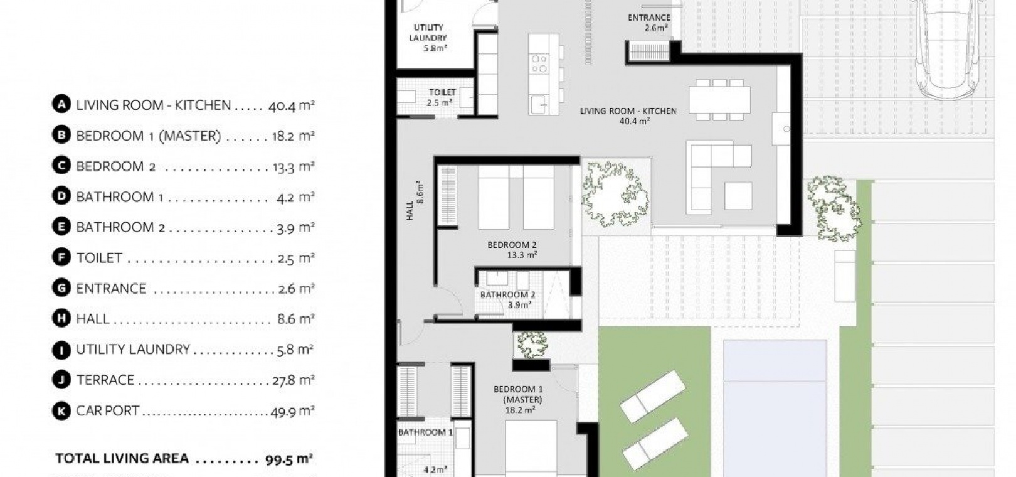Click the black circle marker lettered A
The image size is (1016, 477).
click(61, 104)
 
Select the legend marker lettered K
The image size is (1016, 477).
click(61, 411)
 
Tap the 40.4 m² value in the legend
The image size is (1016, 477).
click(291, 105)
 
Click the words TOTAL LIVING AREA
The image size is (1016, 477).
click(122, 458)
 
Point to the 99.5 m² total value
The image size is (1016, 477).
click(289, 459)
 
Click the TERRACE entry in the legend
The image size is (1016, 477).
click(105, 380)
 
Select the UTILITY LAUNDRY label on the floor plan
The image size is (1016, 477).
click(428, 33)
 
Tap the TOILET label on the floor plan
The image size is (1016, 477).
click(442, 93)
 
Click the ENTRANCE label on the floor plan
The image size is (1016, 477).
click(648, 18)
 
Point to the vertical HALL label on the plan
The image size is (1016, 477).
click(410, 211)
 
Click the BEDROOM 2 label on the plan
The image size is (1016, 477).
click(512, 245)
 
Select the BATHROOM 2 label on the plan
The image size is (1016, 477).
click(507, 295)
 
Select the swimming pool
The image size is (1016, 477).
click(775, 408)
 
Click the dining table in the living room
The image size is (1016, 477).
click(719, 100)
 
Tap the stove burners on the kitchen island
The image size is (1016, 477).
click(539, 63)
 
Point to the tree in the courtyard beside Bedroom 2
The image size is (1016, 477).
click(615, 193)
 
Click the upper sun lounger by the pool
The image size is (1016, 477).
click(653, 396)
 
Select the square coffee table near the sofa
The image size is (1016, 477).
click(738, 196)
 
